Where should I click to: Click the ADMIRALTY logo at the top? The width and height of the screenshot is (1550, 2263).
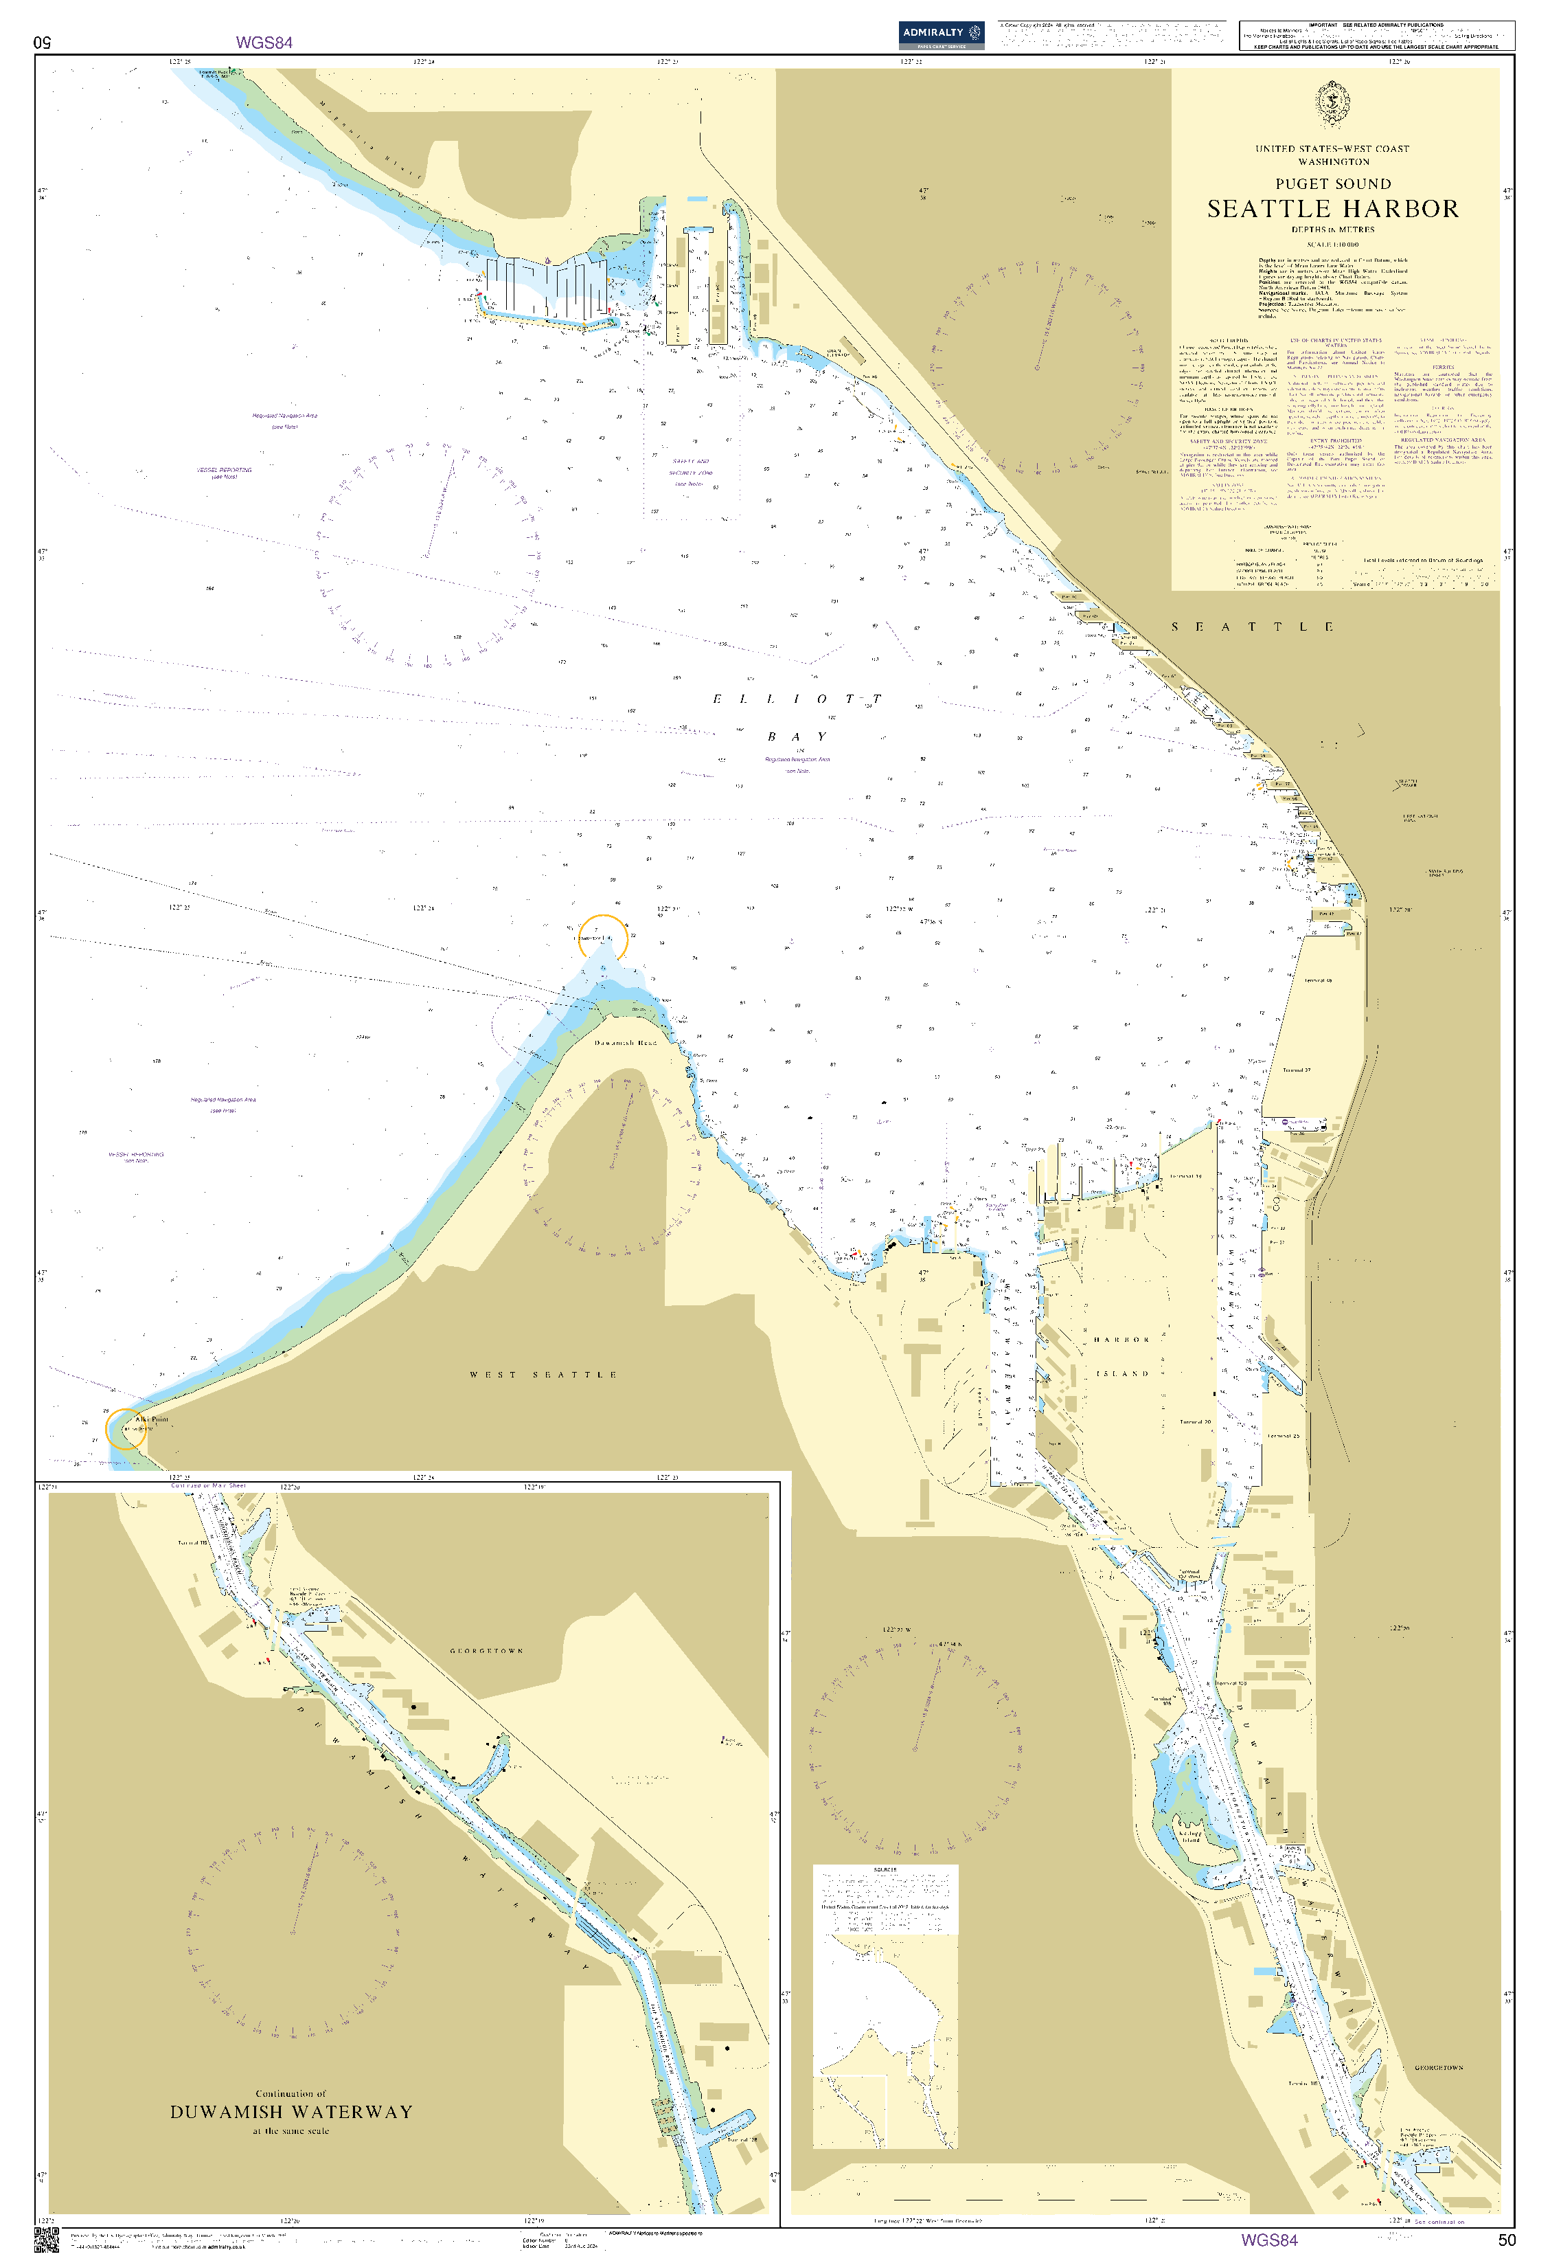941,34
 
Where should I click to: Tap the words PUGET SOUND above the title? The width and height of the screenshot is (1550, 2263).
1333,183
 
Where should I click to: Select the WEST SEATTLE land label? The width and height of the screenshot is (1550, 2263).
543,1374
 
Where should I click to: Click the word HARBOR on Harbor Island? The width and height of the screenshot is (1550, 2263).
1121,1339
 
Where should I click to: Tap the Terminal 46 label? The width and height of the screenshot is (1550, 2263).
1317,980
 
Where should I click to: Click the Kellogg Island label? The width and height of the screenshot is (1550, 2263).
1189,1836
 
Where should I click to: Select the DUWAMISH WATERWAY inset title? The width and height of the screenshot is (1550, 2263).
291,2111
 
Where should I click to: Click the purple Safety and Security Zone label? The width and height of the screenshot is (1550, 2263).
689,471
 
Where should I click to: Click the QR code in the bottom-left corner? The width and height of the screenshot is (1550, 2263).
46,2239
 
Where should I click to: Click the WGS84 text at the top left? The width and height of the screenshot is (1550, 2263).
264,42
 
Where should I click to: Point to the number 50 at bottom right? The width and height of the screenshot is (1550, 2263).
1506,2240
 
